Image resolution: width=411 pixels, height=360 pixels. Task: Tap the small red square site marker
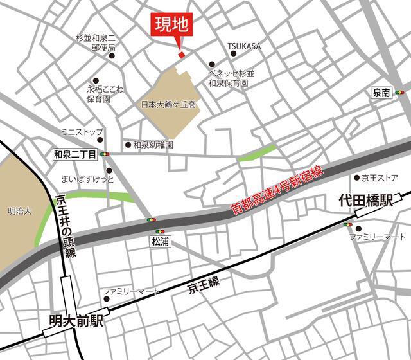point(181,55)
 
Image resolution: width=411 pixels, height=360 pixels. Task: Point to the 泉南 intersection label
point(381,93)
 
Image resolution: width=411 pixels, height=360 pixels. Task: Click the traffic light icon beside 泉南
point(400,93)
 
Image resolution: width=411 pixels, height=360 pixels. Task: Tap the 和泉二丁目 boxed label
point(75,154)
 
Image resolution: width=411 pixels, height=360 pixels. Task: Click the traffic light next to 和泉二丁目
point(105,154)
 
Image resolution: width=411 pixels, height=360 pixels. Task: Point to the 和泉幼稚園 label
point(153,145)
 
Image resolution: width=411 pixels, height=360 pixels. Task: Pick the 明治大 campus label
point(19,210)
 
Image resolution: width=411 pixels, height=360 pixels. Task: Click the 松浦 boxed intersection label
point(160,242)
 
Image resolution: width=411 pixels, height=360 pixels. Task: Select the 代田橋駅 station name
point(365,202)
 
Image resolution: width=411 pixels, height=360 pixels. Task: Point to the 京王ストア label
point(381,177)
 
